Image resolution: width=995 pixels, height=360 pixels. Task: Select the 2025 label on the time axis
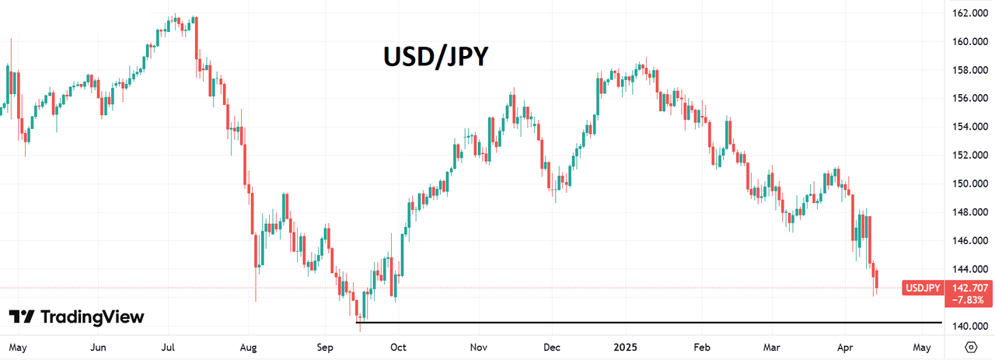tap(624, 347)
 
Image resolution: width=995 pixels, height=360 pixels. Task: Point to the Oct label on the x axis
tap(398, 347)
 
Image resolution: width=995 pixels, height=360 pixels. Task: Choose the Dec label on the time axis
tap(551, 347)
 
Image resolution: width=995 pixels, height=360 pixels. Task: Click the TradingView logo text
tap(92, 317)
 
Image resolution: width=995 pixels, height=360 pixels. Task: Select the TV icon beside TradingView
tap(22, 317)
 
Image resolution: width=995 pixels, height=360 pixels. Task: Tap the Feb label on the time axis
tap(702, 347)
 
